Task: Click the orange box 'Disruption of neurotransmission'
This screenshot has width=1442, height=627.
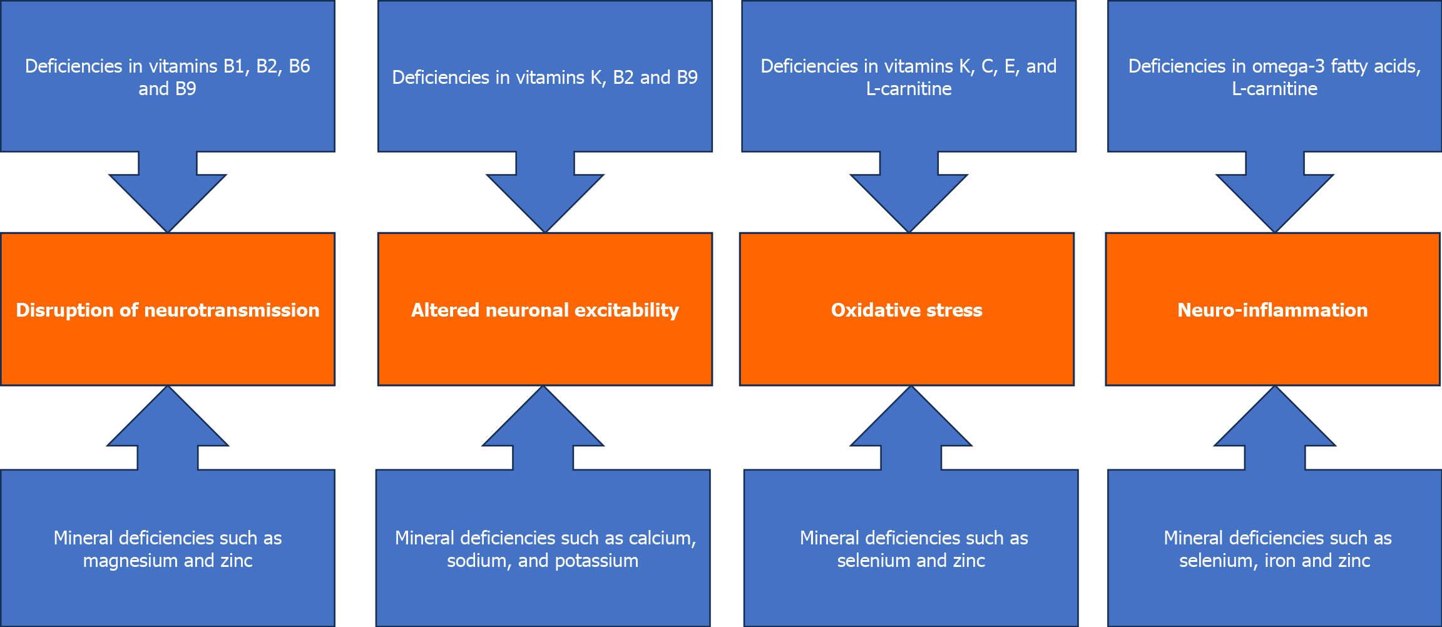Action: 168,309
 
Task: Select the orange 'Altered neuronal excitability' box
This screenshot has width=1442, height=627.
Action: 545,309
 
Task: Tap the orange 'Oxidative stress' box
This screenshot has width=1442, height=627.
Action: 907,309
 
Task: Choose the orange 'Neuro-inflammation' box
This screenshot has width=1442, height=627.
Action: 1273,309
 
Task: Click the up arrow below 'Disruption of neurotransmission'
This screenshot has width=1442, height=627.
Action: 168,427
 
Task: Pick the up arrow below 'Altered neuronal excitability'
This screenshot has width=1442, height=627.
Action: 543,427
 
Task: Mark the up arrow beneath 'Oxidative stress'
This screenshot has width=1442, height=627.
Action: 911,427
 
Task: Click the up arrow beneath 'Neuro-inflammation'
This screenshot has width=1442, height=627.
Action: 1275,427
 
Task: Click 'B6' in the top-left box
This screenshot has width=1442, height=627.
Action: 299,66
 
